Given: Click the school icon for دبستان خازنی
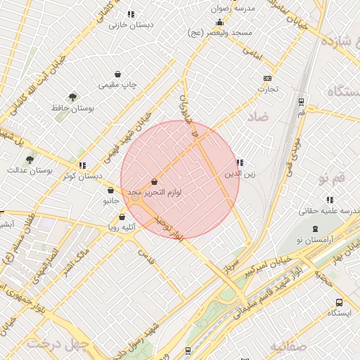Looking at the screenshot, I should (131, 14).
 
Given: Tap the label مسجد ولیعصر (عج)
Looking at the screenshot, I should (215, 33).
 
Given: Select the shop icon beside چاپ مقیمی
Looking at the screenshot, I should (117, 74).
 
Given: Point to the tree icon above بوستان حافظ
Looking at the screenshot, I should (72, 96).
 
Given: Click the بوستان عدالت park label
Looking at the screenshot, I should (25, 170).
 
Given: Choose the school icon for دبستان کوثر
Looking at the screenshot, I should (83, 166).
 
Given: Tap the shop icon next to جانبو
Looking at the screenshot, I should (110, 191).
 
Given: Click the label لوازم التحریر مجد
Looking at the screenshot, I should (158, 192).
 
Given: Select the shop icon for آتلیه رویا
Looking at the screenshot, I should (122, 217).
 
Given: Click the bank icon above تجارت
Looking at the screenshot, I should (267, 78).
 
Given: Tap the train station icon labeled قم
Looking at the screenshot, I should (301, 101).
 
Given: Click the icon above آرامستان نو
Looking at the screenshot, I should (315, 229).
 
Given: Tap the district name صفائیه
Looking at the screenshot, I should (289, 346).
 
